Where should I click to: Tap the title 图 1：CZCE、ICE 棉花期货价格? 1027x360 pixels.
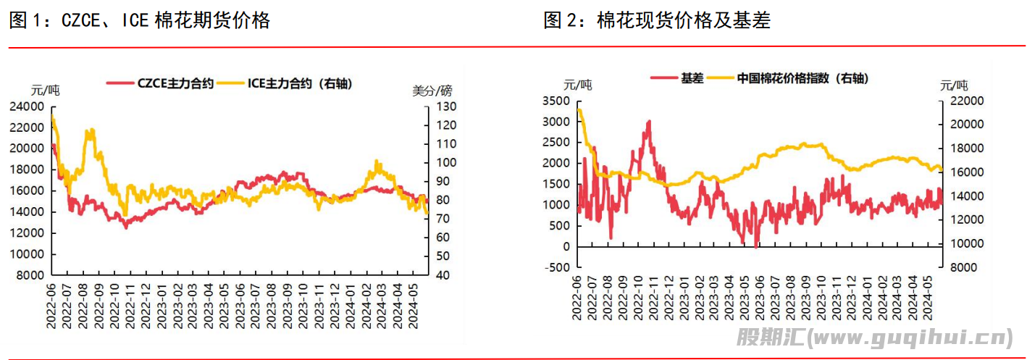140,21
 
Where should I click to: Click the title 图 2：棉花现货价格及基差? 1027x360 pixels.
657,21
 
